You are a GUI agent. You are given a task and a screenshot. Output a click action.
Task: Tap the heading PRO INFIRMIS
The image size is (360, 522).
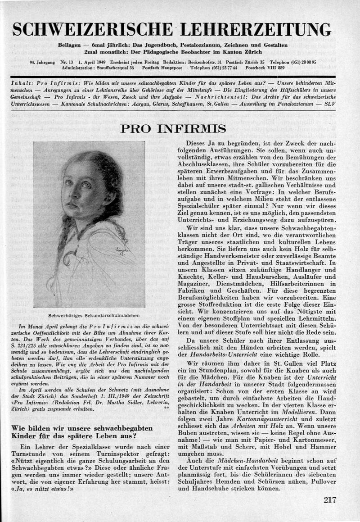[173, 129]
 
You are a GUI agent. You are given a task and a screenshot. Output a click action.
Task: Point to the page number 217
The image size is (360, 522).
[329, 499]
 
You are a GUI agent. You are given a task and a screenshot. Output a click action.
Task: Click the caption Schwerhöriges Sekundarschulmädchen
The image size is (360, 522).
[89, 315]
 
